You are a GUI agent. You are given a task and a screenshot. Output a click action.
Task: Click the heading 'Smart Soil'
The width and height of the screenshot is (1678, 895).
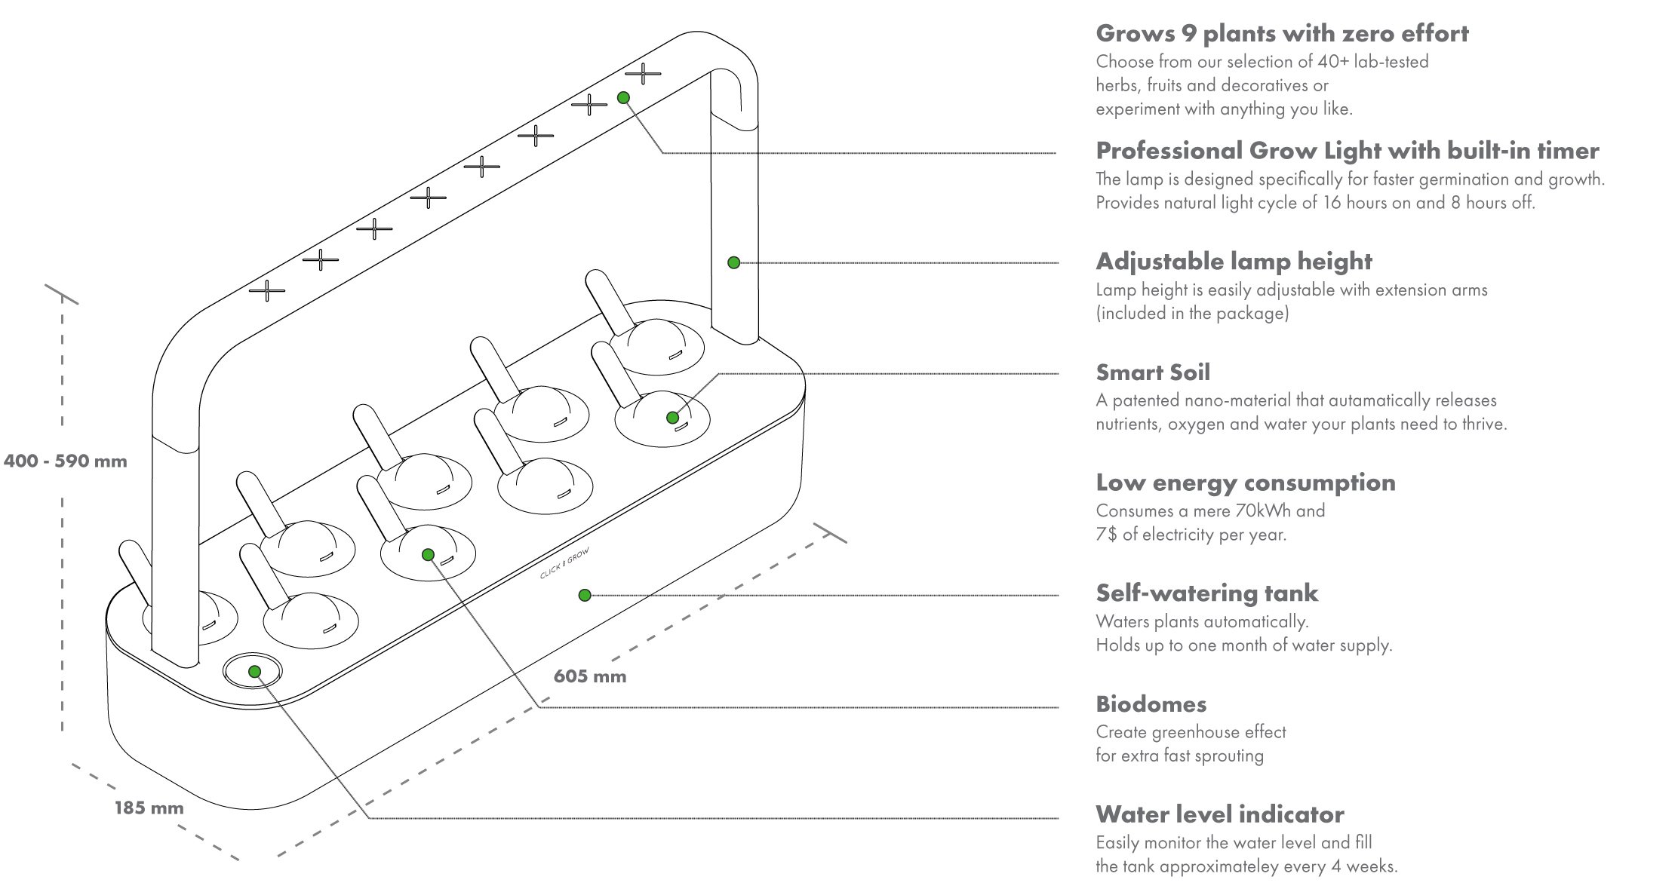pos(1152,372)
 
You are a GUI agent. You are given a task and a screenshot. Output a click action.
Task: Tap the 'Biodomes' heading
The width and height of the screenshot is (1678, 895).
pos(1151,704)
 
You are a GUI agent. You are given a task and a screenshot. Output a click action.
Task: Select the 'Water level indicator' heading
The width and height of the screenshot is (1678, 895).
pos(1219,814)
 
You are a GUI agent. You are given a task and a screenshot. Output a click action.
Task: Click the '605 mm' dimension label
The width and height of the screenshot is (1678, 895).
pos(590,676)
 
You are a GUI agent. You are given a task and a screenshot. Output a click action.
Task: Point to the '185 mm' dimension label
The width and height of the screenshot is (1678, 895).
pos(149,808)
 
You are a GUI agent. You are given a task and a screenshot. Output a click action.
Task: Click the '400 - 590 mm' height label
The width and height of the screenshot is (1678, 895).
pos(65,461)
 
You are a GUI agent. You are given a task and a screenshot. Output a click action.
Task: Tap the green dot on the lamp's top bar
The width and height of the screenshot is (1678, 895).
pos(623,97)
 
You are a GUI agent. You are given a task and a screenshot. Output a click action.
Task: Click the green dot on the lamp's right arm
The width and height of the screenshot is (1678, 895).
pos(733,262)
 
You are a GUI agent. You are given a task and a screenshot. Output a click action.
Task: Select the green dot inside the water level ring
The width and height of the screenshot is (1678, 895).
pos(254,671)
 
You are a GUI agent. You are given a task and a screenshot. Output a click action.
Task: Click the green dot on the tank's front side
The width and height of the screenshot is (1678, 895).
pos(584,595)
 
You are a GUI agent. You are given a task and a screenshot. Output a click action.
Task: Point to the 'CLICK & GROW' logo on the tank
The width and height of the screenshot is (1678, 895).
pos(564,564)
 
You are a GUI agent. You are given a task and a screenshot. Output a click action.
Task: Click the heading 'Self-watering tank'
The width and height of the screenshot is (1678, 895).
pos(1206,593)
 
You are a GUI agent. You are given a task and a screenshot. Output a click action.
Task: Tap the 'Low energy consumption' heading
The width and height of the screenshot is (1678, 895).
pos(1245,483)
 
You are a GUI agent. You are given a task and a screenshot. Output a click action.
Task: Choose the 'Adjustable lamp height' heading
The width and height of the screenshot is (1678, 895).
pos(1234,262)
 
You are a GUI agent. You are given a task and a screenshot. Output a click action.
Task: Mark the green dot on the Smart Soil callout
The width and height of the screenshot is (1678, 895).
pos(672,417)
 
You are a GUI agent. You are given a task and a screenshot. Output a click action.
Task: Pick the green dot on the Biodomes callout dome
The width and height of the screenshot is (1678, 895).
pos(428,554)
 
